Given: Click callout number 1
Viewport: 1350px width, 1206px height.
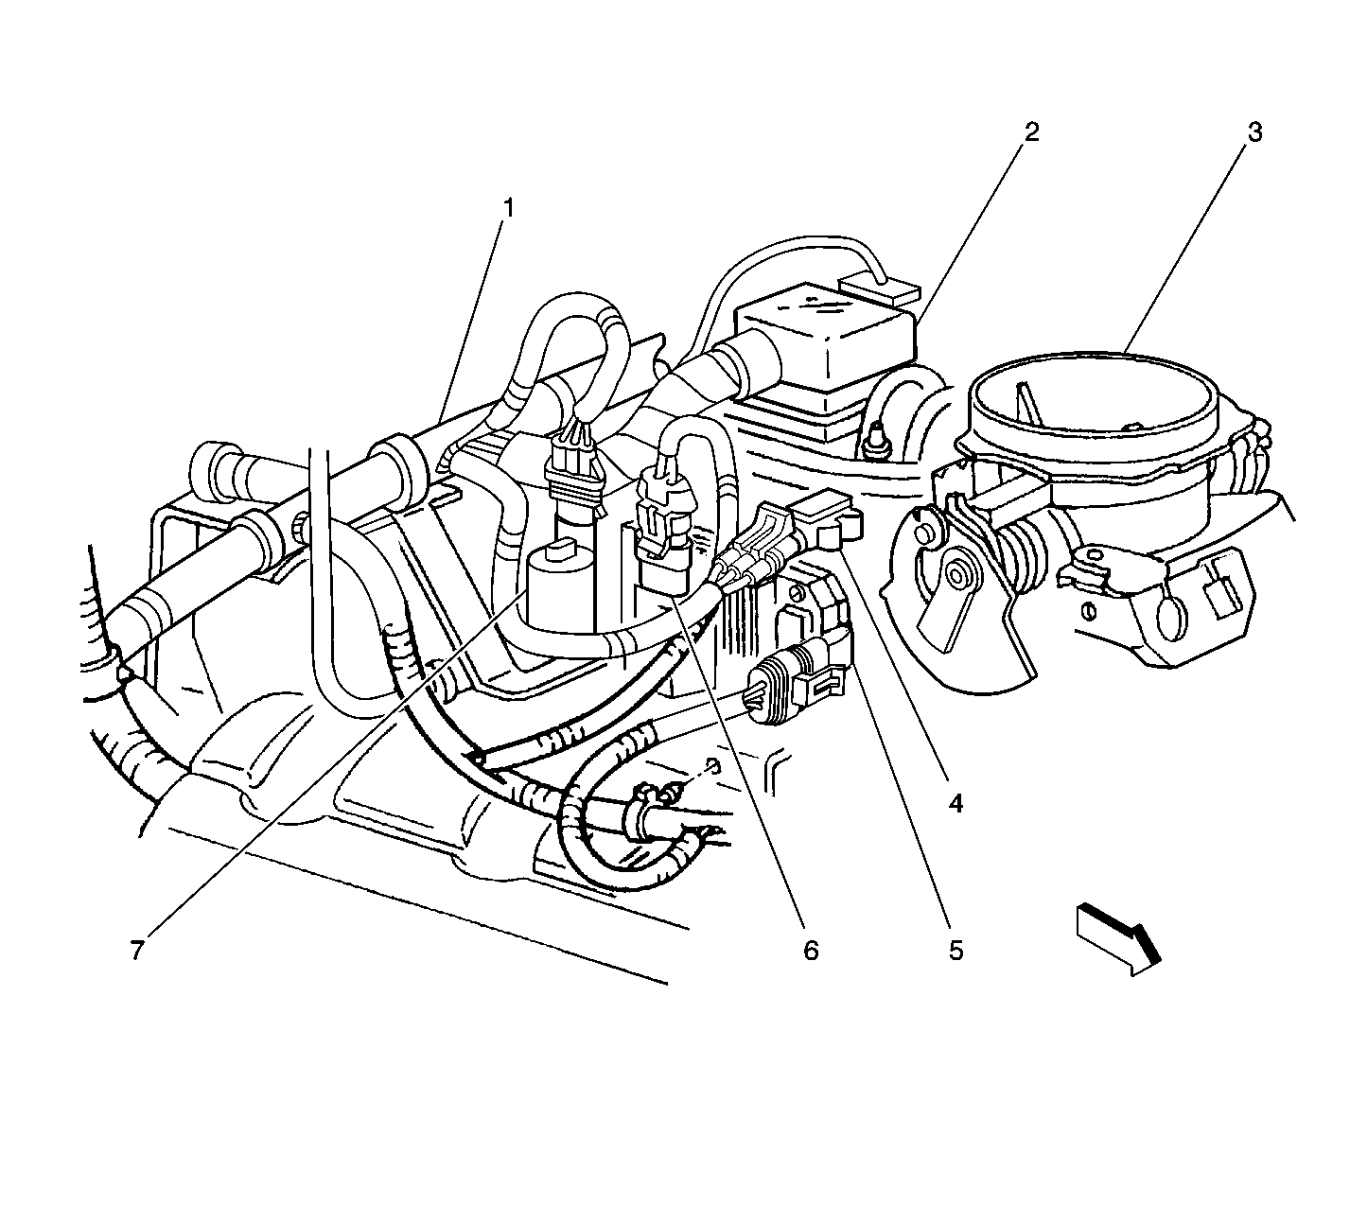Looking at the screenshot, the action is click(508, 209).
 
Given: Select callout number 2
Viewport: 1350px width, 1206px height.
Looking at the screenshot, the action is click(1031, 132).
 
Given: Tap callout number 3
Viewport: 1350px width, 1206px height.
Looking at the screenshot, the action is click(1254, 132).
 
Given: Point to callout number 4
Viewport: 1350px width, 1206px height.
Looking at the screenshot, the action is click(956, 804).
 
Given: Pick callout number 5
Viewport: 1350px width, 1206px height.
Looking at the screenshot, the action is click(956, 951).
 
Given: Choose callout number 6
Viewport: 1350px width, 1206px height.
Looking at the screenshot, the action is click(810, 951).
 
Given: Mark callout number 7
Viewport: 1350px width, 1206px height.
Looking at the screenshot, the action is click(137, 951).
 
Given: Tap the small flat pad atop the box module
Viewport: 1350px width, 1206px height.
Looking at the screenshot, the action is click(880, 288).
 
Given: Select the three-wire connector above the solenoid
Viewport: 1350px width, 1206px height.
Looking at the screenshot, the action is click(574, 463).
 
